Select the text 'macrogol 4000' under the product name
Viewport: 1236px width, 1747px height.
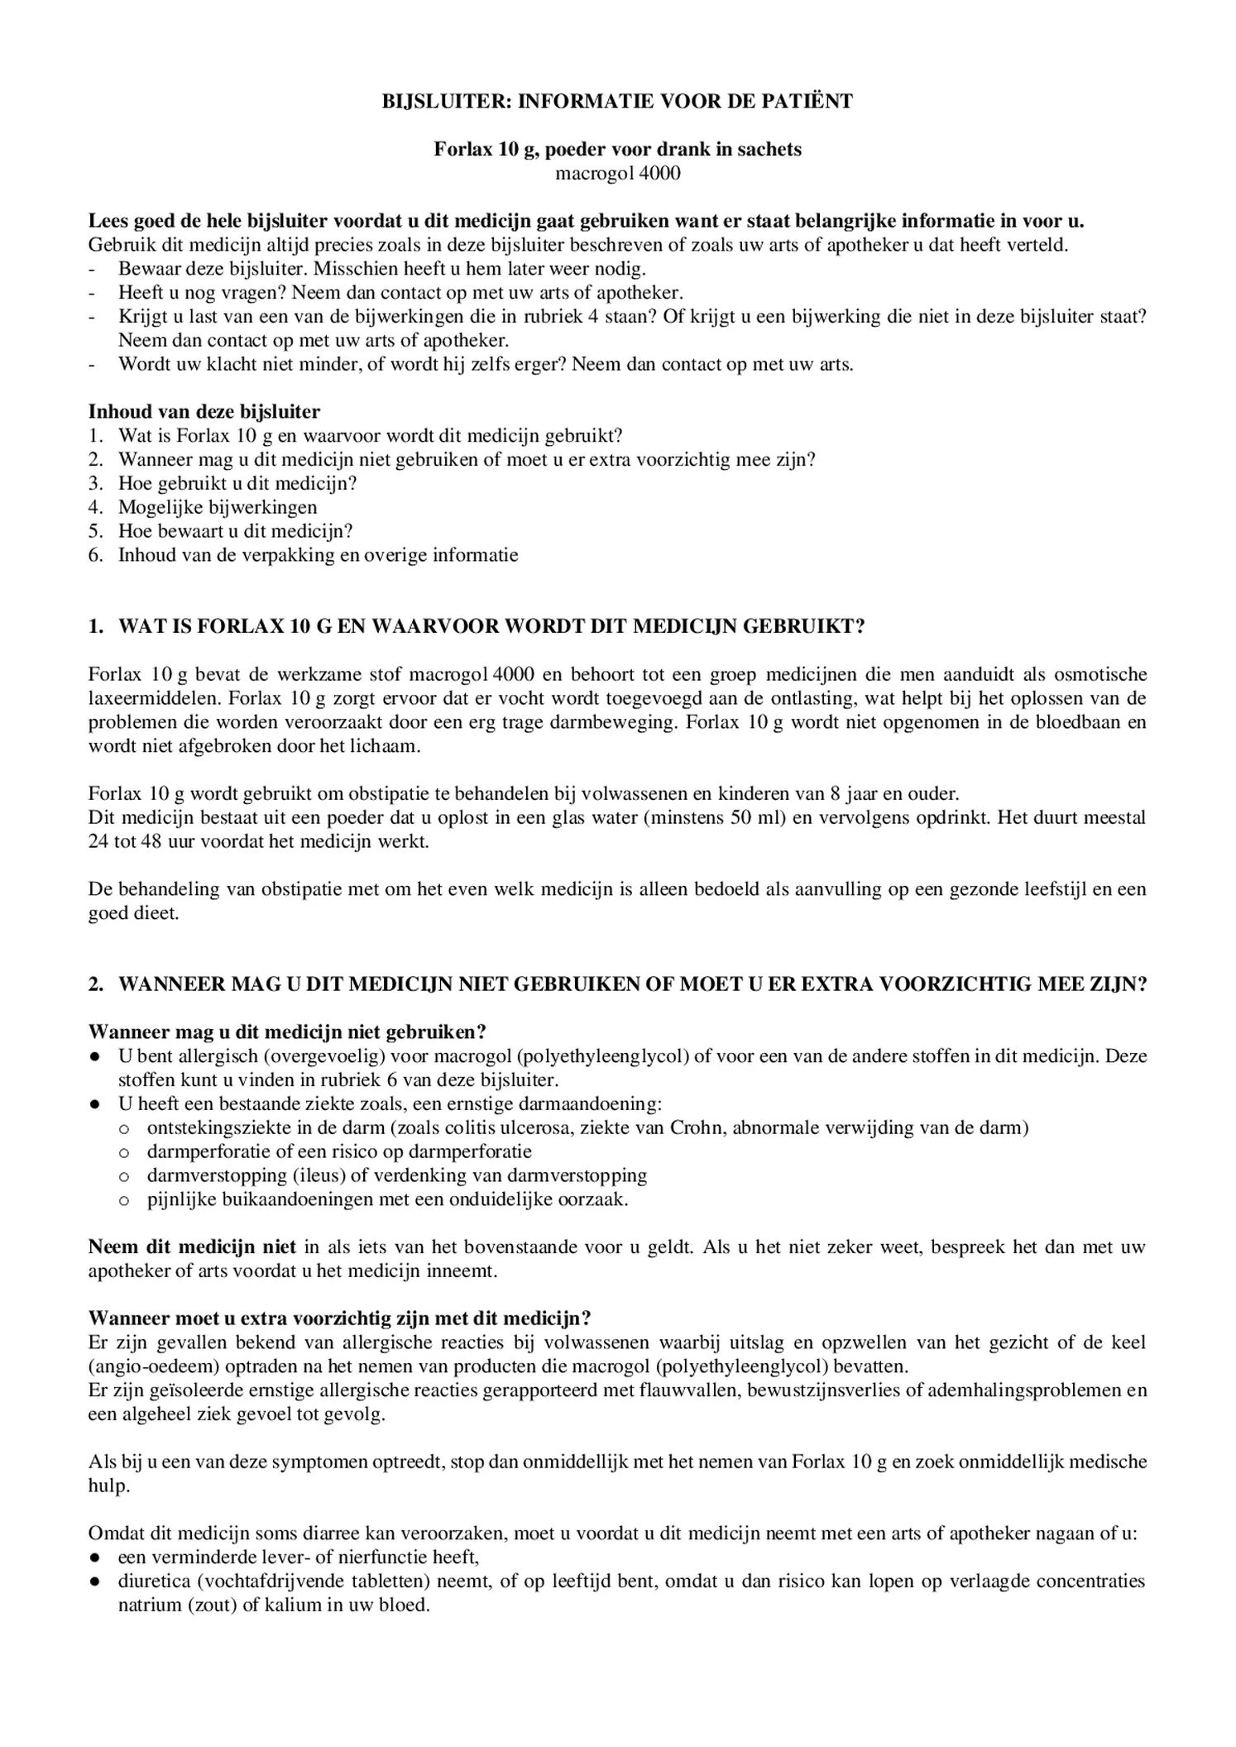(617, 174)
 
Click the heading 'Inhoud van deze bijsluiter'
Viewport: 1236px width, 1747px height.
(204, 412)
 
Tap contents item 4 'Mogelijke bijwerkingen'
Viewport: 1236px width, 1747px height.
(218, 507)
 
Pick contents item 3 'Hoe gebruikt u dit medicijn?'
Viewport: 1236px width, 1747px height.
(237, 483)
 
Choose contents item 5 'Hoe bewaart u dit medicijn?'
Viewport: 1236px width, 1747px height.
(236, 531)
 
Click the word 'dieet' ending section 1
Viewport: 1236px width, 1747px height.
(156, 913)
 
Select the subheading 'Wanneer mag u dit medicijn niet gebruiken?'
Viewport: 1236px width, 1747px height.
(287, 1032)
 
